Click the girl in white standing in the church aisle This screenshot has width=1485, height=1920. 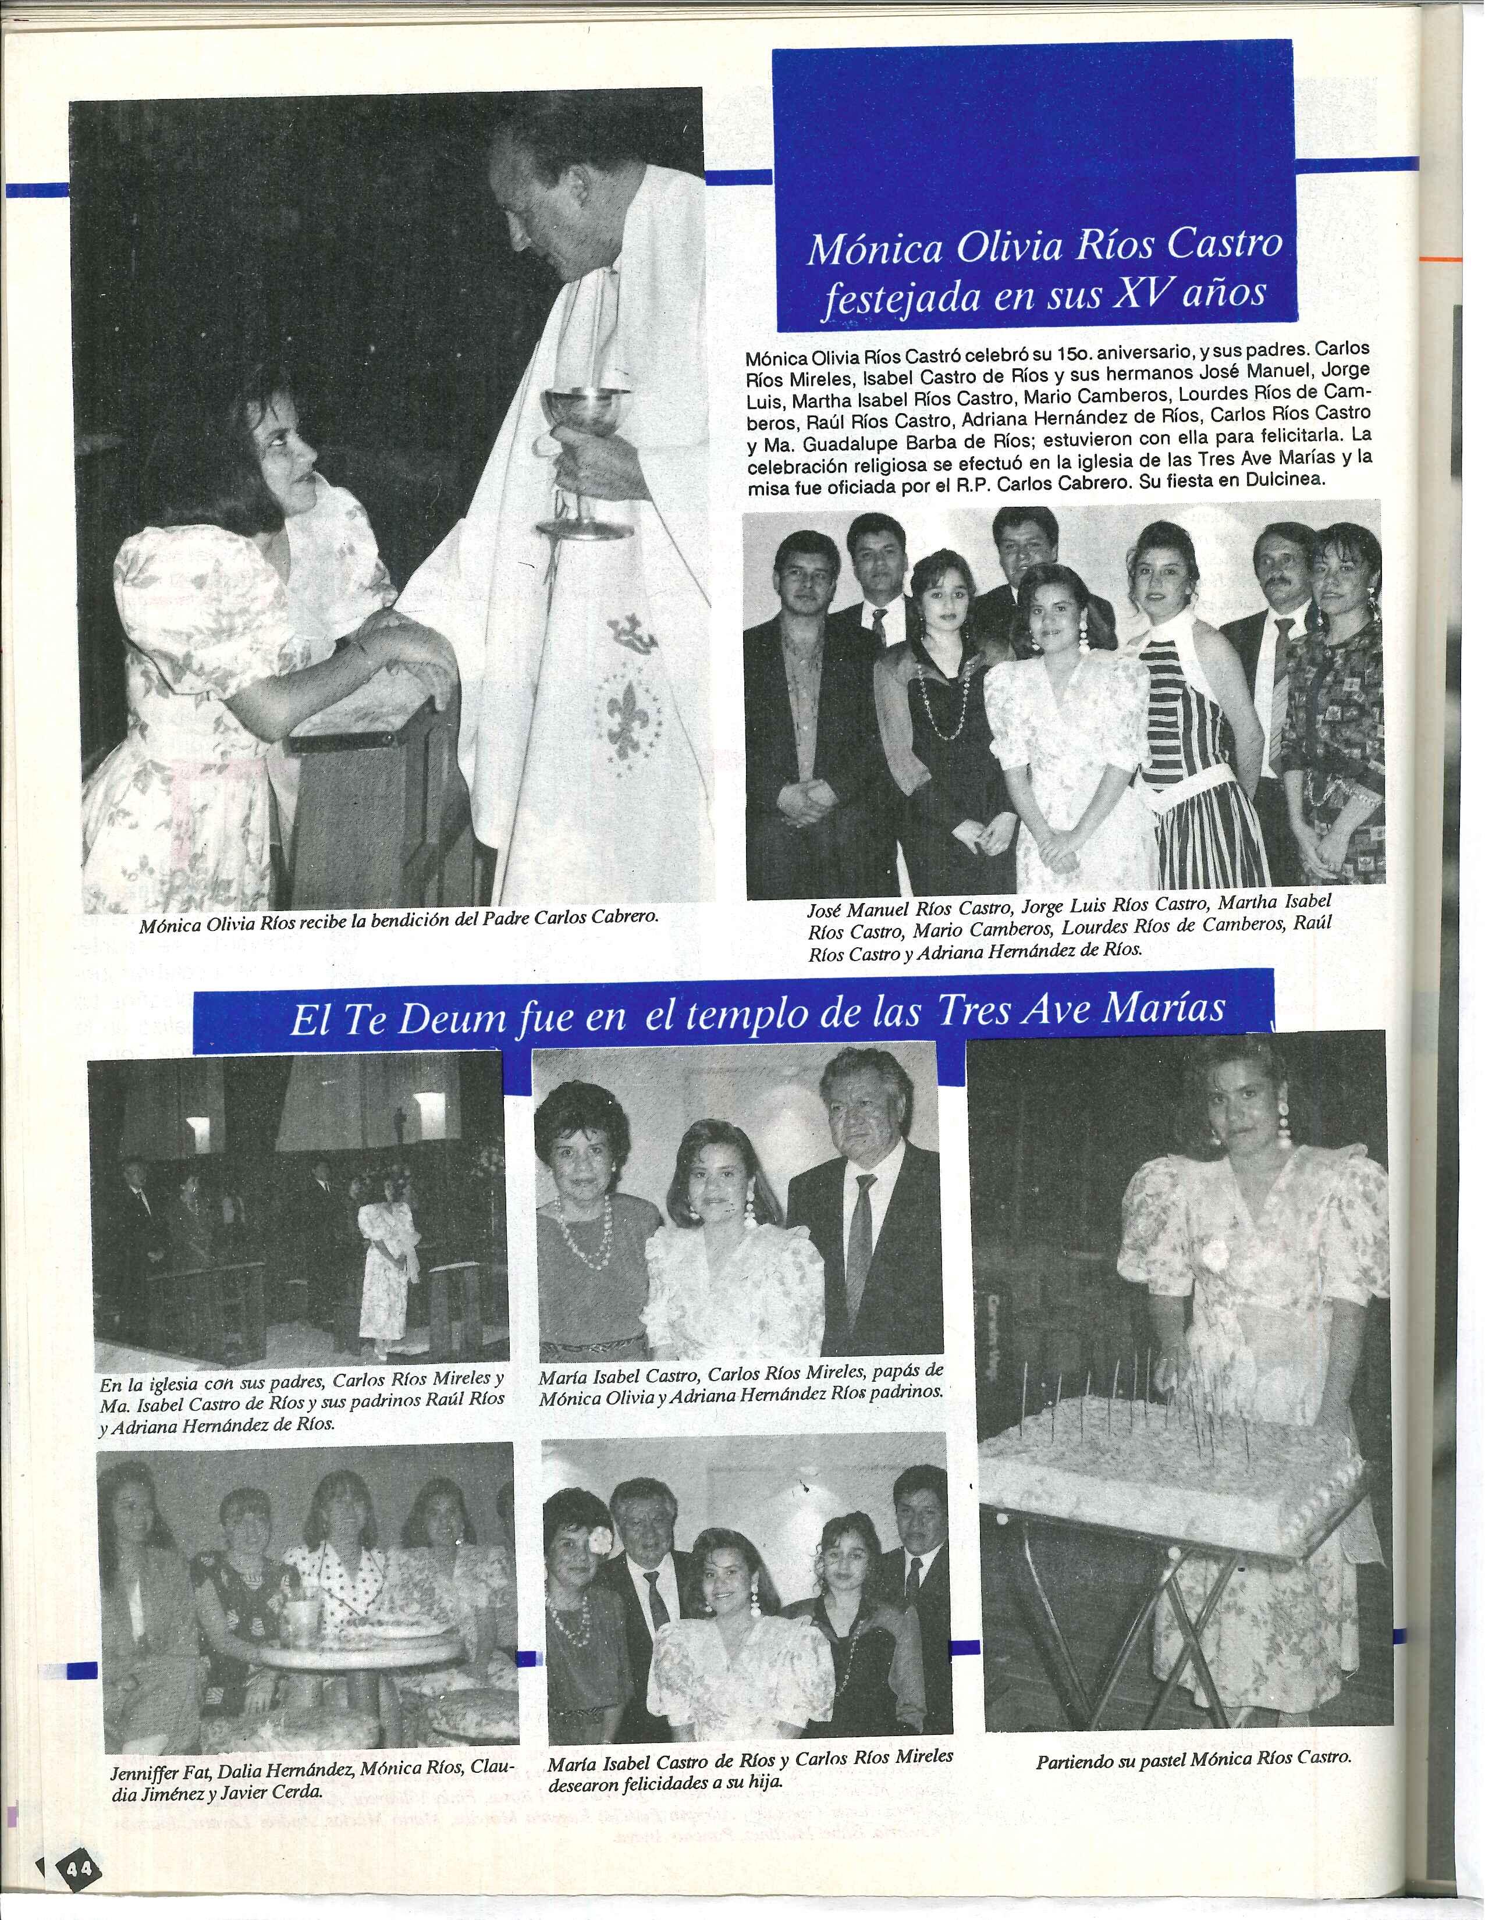387,1270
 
